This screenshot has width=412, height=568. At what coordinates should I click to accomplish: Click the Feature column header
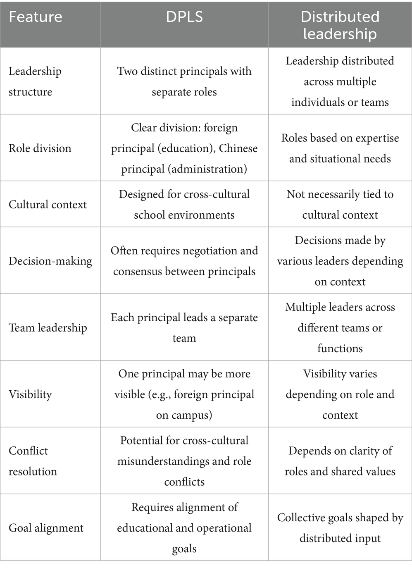pyautogui.click(x=36, y=17)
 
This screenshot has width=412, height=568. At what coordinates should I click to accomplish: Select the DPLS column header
pyautogui.click(x=184, y=17)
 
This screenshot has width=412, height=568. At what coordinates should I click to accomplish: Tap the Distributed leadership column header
pyautogui.click(x=340, y=25)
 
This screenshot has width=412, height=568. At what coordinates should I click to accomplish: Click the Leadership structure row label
pyautogui.click(x=35, y=81)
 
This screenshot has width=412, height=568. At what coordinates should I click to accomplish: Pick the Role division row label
pyautogui.click(x=40, y=148)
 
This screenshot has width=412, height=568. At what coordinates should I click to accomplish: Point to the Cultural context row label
pyautogui.click(x=48, y=205)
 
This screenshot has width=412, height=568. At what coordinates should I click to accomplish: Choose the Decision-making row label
pyautogui.click(x=50, y=261)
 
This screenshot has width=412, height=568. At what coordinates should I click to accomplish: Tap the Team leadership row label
pyautogui.click(x=48, y=328)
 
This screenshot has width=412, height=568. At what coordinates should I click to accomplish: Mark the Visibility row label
pyautogui.click(x=31, y=394)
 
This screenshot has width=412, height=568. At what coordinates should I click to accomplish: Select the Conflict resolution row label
pyautogui.click(x=33, y=461)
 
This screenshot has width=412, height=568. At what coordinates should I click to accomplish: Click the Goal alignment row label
pyautogui.click(x=46, y=528)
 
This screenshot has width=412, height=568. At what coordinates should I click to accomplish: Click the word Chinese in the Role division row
pyautogui.click(x=238, y=148)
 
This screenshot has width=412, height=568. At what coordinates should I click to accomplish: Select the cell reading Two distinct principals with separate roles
pyautogui.click(x=184, y=81)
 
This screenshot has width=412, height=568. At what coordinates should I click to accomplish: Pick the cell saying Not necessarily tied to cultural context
pyautogui.click(x=340, y=205)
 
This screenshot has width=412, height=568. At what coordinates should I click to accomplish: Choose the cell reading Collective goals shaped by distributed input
pyautogui.click(x=340, y=528)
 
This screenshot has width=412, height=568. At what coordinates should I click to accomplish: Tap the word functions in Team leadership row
pyautogui.click(x=340, y=348)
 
